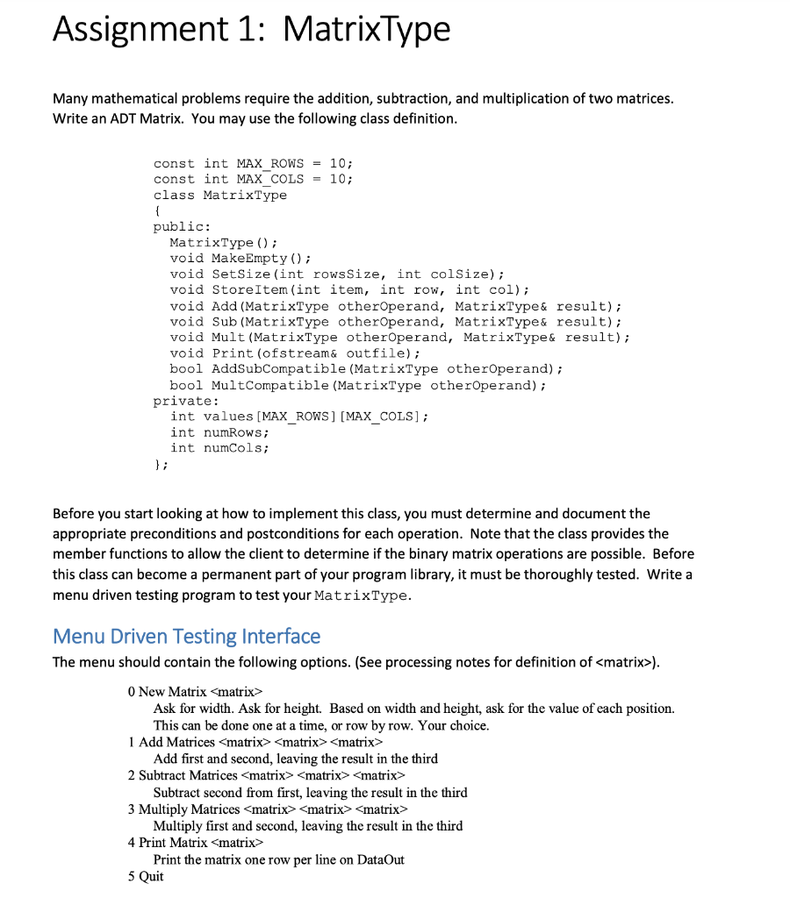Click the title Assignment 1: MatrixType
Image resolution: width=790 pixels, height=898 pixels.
pyautogui.click(x=251, y=30)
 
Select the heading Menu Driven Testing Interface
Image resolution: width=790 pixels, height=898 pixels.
pyautogui.click(x=186, y=636)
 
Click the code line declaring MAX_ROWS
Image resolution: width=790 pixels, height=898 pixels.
pyautogui.click(x=253, y=163)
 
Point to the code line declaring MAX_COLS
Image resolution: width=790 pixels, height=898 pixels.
pyautogui.click(x=253, y=179)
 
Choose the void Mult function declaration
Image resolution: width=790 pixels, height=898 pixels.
pyautogui.click(x=399, y=338)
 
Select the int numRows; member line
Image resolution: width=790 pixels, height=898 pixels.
pyautogui.click(x=219, y=432)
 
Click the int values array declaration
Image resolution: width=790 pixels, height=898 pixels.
pyautogui.click(x=299, y=417)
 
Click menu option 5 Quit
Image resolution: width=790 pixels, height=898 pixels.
pyautogui.click(x=146, y=875)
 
